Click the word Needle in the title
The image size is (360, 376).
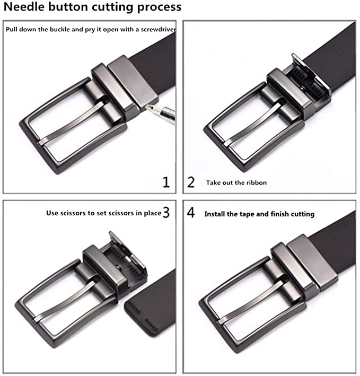coord(24,6)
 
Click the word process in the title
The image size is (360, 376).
coord(159,7)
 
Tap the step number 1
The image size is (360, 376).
coord(166,182)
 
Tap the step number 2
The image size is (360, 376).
coord(191,182)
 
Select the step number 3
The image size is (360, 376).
coord(166,213)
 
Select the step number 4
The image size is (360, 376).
coord(191,213)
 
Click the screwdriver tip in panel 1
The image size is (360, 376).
coord(147,106)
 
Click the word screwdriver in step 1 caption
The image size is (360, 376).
coord(158,30)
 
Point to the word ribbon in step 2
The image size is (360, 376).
coord(256,183)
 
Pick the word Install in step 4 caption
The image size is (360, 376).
coord(214,214)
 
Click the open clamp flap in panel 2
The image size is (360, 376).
coord(312,74)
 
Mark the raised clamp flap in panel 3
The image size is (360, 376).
coord(127,249)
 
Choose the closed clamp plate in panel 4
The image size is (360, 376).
coord(312,261)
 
